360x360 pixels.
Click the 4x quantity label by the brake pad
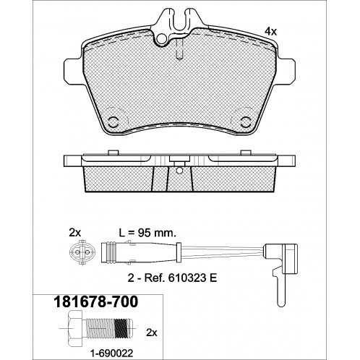tap(270, 31)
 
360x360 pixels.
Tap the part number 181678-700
tap(97, 302)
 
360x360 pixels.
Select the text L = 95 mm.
tap(147, 233)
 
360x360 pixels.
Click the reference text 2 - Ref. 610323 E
tap(172, 278)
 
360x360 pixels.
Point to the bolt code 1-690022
tap(111, 353)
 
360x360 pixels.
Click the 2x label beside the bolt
tap(152, 333)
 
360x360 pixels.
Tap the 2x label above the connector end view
tap(75, 233)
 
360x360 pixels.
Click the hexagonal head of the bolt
tap(75, 328)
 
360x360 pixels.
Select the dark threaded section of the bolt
tap(120, 328)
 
